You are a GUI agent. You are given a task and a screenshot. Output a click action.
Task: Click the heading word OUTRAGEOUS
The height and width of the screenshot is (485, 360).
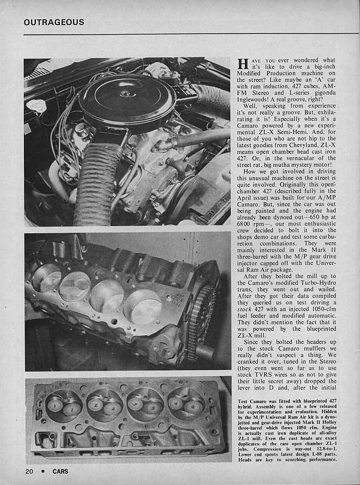pos(54,23)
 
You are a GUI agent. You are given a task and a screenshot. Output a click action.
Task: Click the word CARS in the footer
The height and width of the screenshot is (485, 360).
pos(60,471)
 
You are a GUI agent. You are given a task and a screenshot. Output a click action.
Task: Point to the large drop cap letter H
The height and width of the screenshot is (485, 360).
pos(243,65)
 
